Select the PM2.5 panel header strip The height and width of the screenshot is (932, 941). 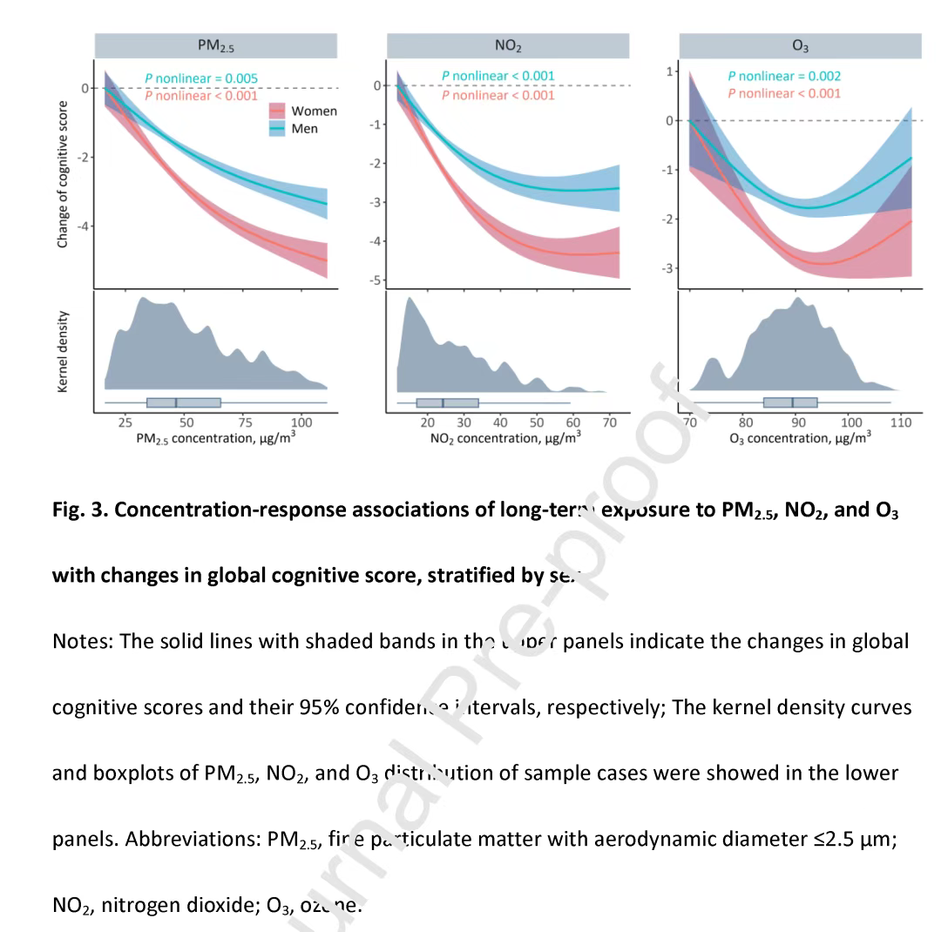[215, 45]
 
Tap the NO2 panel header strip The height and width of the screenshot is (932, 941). [507, 45]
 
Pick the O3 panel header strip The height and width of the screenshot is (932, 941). [800, 45]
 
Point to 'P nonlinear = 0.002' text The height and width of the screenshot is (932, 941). [784, 77]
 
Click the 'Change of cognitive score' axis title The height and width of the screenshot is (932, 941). [63, 174]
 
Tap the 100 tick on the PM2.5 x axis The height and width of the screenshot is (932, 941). [301, 422]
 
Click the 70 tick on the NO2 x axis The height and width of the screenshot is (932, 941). [610, 422]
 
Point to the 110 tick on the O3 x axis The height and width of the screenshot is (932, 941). [902, 422]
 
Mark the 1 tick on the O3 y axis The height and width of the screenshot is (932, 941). [668, 71]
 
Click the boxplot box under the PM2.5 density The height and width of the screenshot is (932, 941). [184, 402]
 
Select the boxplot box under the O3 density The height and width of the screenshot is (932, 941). [790, 402]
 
